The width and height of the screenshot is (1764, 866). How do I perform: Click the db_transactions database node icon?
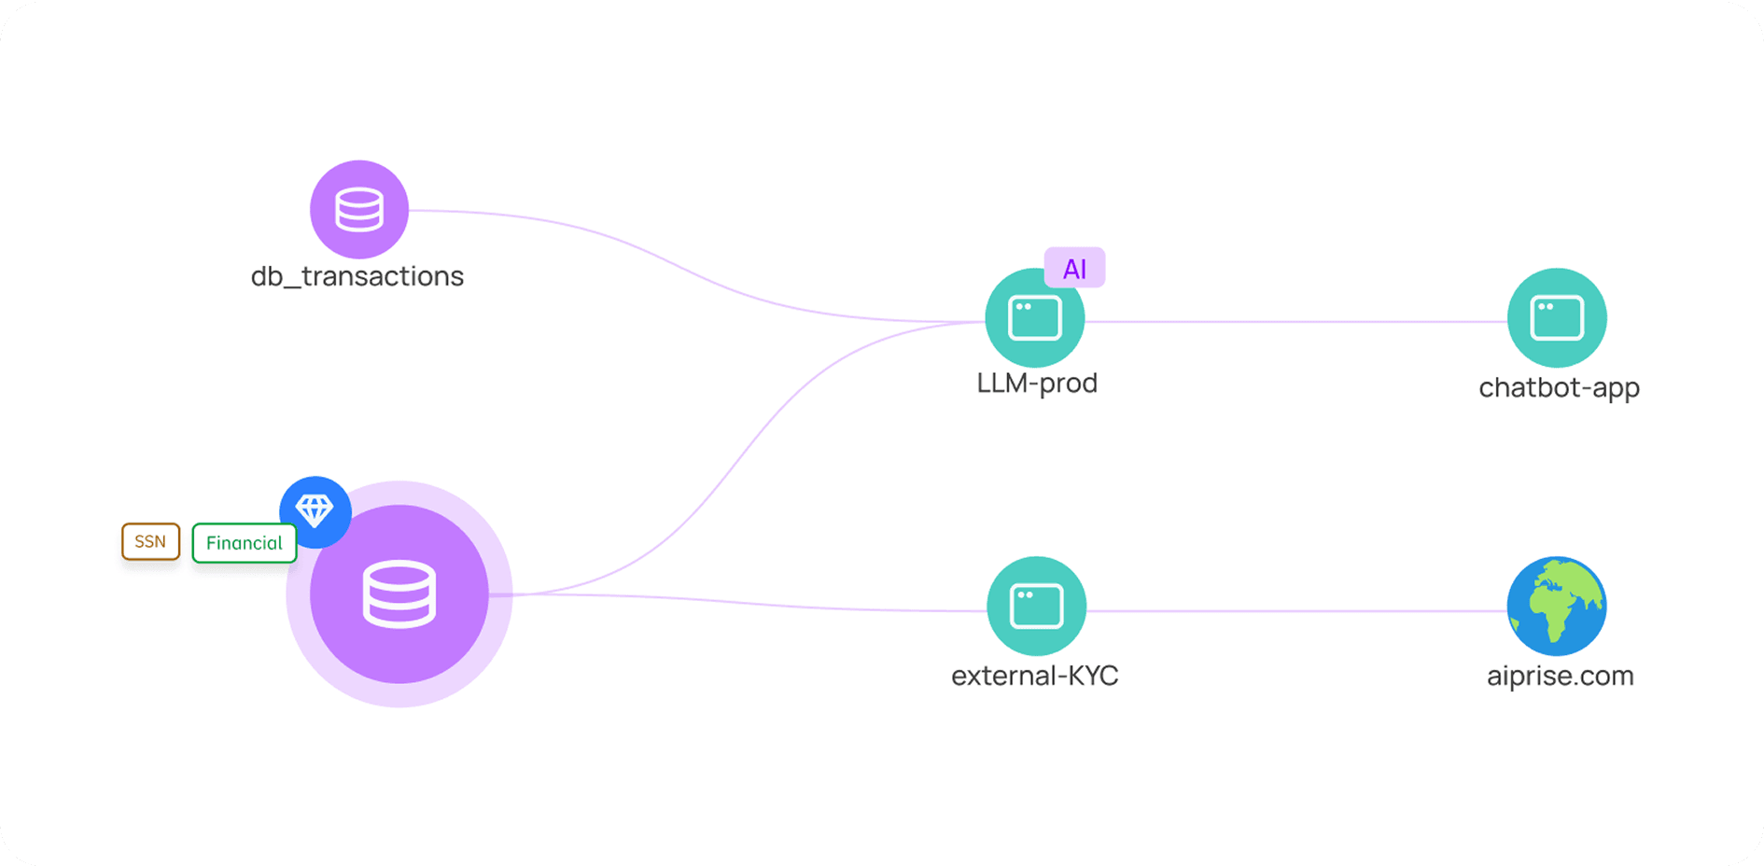[359, 210]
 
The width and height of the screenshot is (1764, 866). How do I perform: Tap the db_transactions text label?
[357, 276]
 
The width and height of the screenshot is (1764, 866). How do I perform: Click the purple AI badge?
[1074, 269]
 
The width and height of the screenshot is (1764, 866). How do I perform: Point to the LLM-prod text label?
[1037, 384]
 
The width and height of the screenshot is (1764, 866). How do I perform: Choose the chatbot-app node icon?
[1557, 318]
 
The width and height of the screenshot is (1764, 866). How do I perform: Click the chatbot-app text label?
[1559, 387]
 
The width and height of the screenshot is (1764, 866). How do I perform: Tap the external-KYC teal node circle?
[1036, 607]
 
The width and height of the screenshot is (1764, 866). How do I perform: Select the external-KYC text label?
[1034, 676]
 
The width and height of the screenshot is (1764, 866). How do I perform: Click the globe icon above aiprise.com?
[1557, 607]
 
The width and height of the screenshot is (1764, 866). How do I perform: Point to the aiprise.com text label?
[1560, 676]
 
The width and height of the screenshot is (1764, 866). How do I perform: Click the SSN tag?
[150, 541]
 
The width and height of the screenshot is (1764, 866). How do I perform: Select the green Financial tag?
[244, 543]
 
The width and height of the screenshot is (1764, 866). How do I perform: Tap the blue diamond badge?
[315, 511]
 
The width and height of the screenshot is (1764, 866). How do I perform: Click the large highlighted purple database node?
[399, 594]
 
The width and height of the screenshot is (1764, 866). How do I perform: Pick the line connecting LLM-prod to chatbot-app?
[1297, 322]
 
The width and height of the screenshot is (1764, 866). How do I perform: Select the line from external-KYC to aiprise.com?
[1297, 611]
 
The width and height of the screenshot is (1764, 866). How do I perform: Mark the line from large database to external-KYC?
[747, 603]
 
